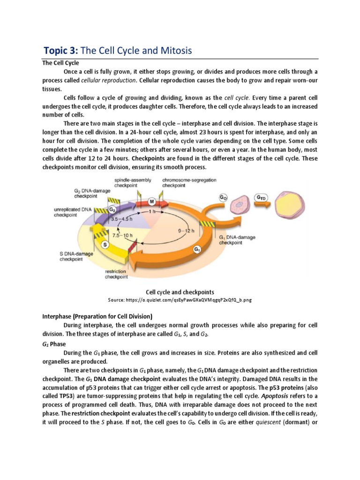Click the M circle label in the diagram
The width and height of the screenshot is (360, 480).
(x=151, y=202)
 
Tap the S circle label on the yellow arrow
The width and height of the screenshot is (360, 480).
(x=105, y=244)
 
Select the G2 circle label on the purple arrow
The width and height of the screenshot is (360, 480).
(x=112, y=210)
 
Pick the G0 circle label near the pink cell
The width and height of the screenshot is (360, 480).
(x=224, y=197)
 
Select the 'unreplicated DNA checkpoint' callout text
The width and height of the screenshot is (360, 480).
(x=73, y=213)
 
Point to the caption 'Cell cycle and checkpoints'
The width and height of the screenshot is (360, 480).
(x=180, y=292)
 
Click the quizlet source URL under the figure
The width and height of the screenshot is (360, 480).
(x=180, y=300)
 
